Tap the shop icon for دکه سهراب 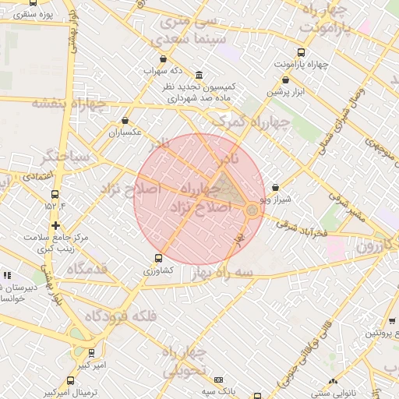pyautogui.click(x=163, y=58)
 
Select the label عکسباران pyautogui.click(x=125, y=132)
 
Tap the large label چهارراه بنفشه pyautogui.click(x=68, y=103)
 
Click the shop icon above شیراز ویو pyautogui.click(x=276, y=188)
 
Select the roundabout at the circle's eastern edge pyautogui.click(x=252, y=210)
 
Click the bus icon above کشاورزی pyautogui.click(x=158, y=258)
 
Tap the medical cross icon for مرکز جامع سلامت pyautogui.click(x=55, y=225)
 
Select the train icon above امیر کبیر pyautogui.click(x=91, y=353)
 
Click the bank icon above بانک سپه pyautogui.click(x=217, y=379)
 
